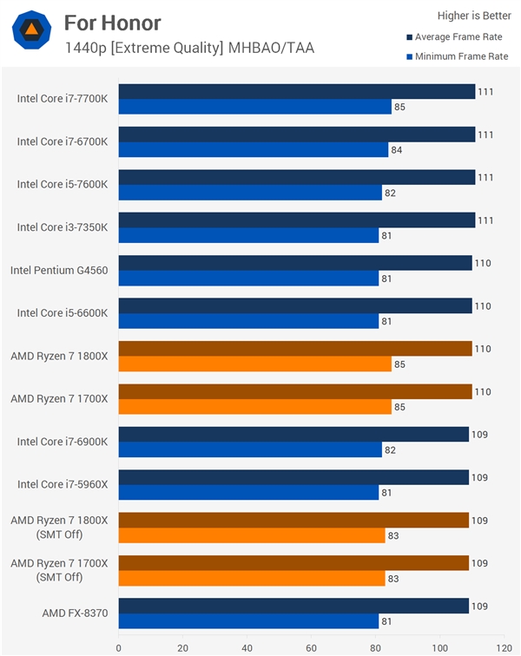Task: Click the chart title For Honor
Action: (112, 23)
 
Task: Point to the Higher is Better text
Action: (472, 15)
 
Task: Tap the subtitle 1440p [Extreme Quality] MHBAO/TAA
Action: (188, 48)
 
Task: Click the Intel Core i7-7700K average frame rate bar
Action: (296, 92)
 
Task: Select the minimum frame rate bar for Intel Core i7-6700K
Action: (253, 150)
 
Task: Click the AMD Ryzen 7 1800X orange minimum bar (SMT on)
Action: (254, 364)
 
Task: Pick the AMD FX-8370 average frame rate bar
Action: (293, 606)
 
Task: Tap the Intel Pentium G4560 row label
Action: (59, 270)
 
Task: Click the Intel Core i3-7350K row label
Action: (63, 227)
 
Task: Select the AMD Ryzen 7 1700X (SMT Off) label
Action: (59, 570)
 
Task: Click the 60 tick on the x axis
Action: (311, 646)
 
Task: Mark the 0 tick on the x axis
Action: (119, 646)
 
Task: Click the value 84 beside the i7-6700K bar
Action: (397, 150)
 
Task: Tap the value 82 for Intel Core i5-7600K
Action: (391, 194)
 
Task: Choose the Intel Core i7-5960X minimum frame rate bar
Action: (248, 493)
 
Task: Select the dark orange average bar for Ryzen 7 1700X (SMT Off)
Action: (293, 563)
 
